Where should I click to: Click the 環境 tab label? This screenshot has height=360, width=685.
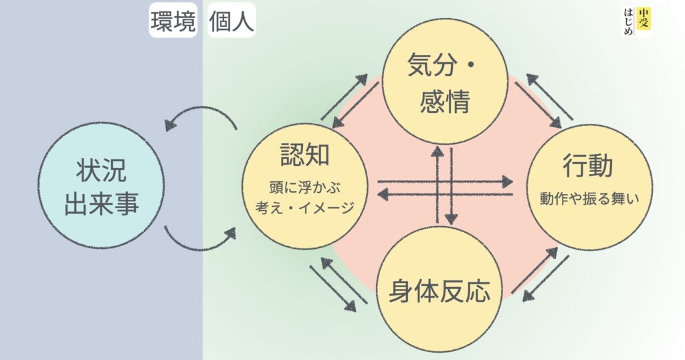click(x=173, y=22)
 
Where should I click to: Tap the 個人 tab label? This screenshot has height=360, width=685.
click(x=231, y=22)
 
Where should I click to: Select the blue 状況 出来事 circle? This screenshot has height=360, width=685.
click(x=101, y=186)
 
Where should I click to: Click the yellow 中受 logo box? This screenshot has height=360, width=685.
click(x=643, y=18)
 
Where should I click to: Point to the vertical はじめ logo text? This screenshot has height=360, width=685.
click(x=627, y=23)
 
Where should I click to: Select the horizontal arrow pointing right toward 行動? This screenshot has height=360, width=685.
click(x=445, y=181)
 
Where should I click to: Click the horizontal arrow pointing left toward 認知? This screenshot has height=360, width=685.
click(x=445, y=194)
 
